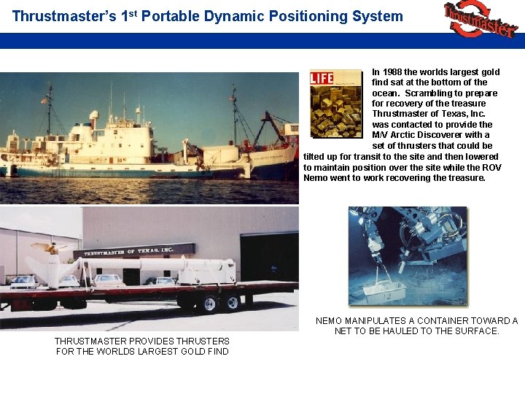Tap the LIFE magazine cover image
coord(335,103)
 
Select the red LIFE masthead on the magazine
coord(322,78)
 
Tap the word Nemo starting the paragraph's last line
coord(316,178)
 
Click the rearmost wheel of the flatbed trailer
coord(232,303)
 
